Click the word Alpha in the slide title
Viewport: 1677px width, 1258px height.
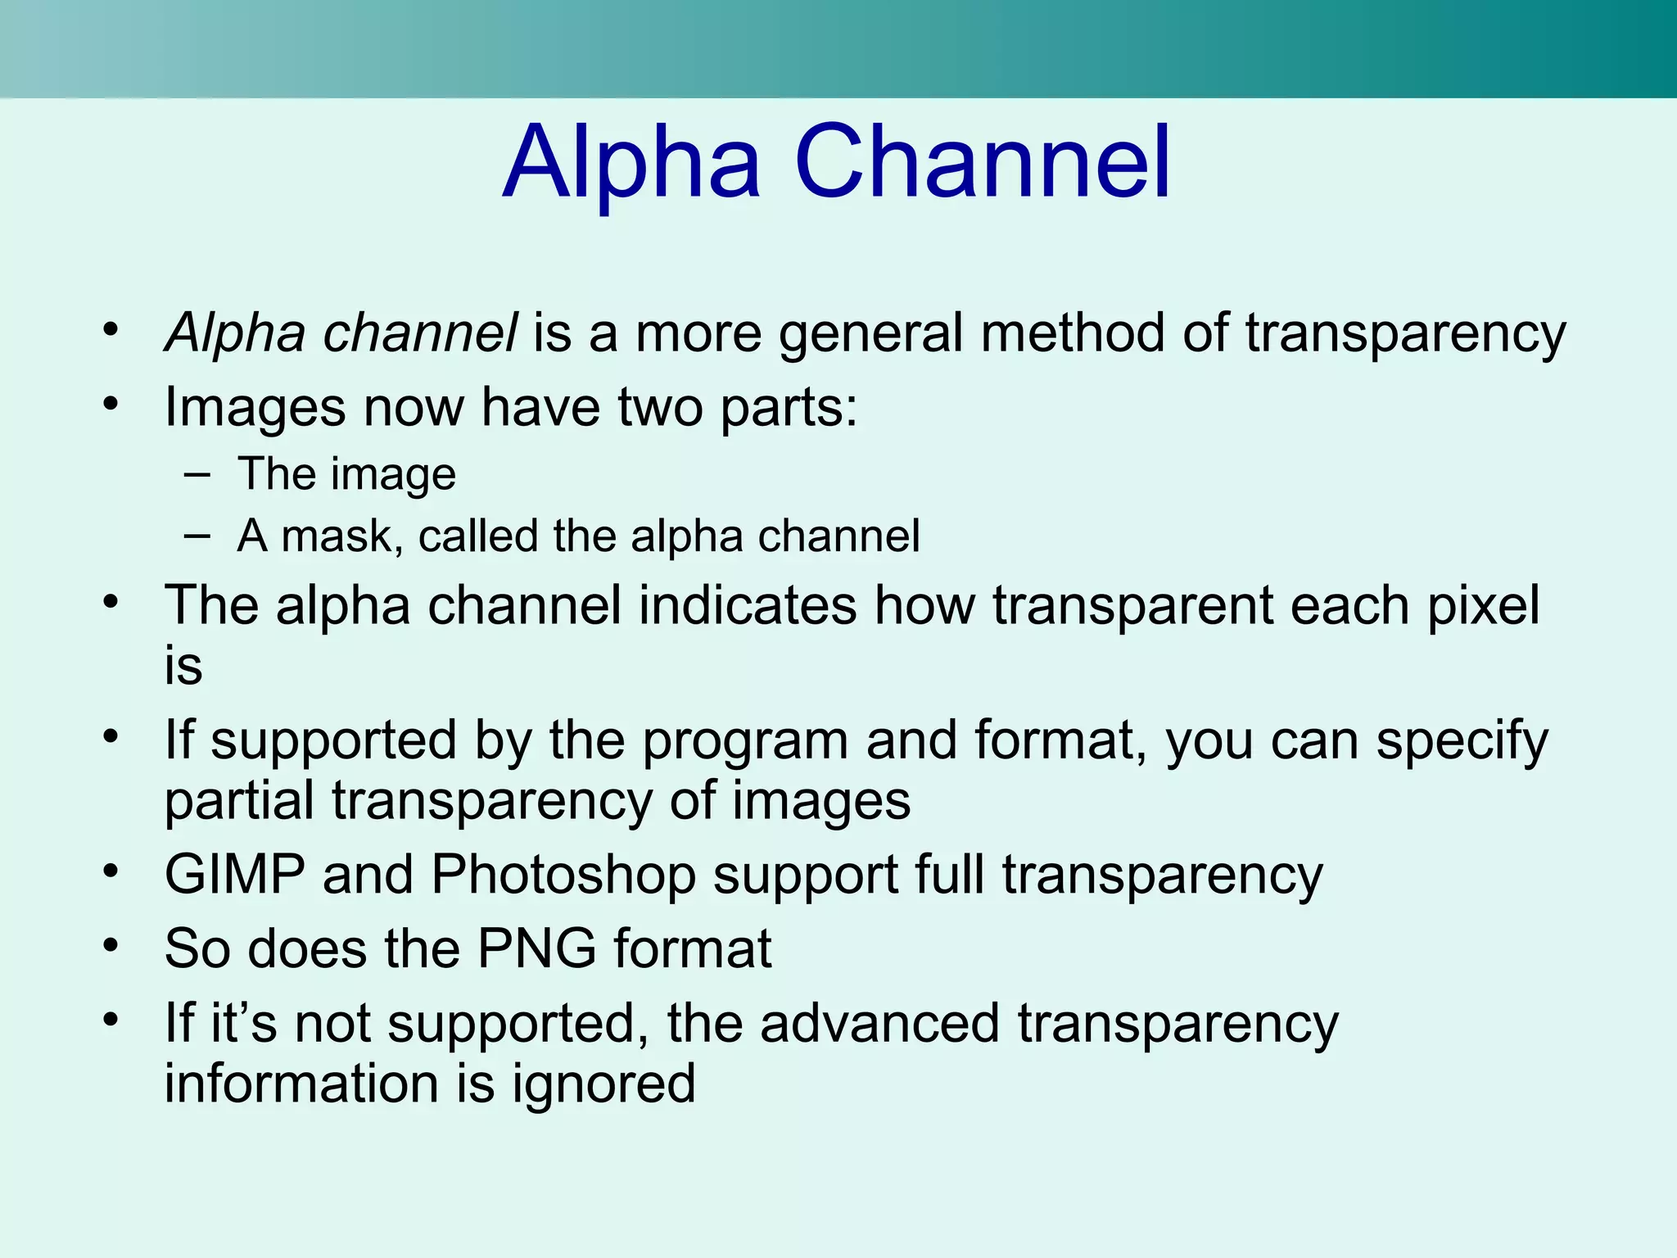click(x=632, y=164)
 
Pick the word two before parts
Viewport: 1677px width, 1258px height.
click(x=660, y=407)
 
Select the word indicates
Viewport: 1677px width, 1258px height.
click(x=748, y=606)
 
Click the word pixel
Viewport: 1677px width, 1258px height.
click(x=1484, y=606)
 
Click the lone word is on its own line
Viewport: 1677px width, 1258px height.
click(x=183, y=666)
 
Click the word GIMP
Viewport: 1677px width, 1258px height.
click(x=235, y=875)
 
